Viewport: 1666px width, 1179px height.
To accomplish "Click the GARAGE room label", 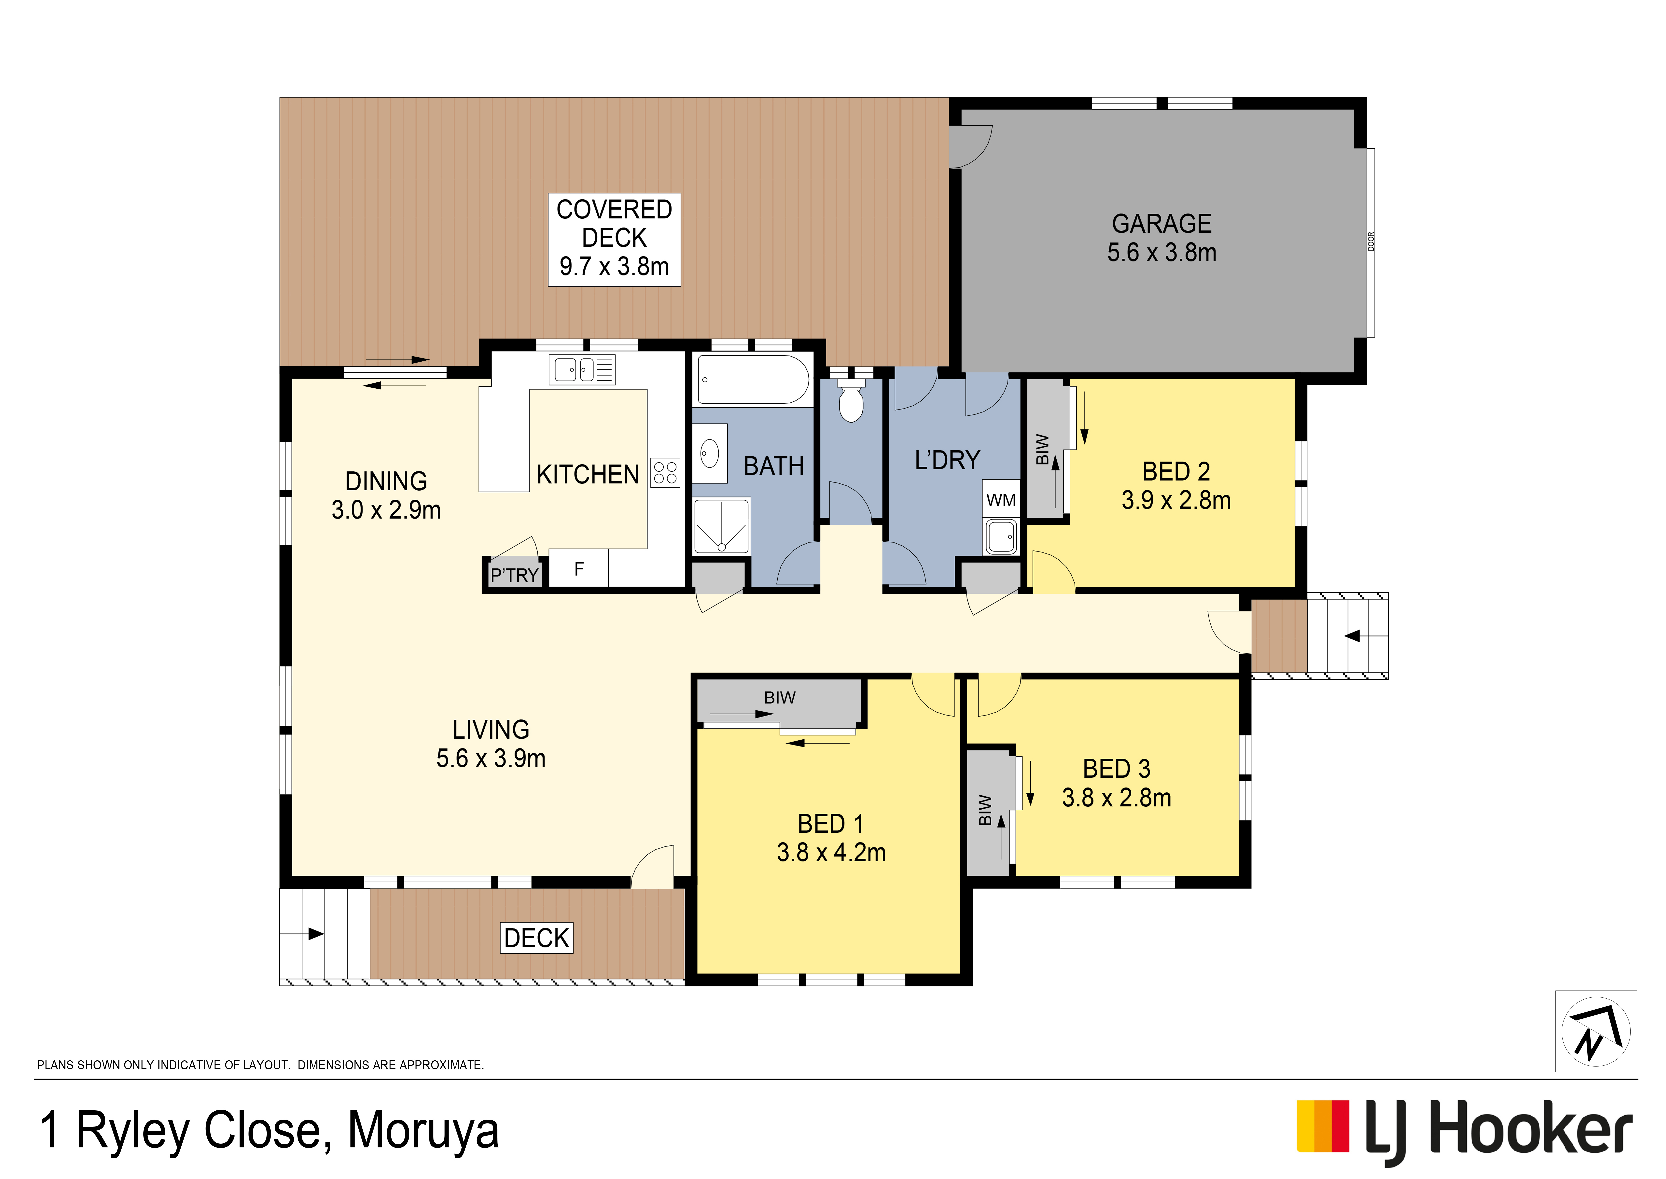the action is (x=1162, y=223).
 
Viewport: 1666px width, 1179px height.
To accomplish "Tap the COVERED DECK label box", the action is (x=614, y=239).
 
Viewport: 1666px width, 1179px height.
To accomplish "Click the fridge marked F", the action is (x=578, y=568).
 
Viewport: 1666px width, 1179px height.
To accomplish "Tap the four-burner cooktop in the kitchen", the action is (x=665, y=473).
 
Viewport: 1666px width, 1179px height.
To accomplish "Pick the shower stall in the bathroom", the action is (x=721, y=526).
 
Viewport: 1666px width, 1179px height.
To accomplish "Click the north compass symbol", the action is (x=1596, y=1031).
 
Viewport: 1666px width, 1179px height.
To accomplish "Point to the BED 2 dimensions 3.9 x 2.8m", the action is (x=1176, y=500).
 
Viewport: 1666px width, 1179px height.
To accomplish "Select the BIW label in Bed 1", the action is (x=779, y=698).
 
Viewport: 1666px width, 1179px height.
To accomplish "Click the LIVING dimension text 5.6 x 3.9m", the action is (x=491, y=759).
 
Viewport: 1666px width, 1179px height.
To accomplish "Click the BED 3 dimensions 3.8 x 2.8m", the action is (x=1117, y=798).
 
